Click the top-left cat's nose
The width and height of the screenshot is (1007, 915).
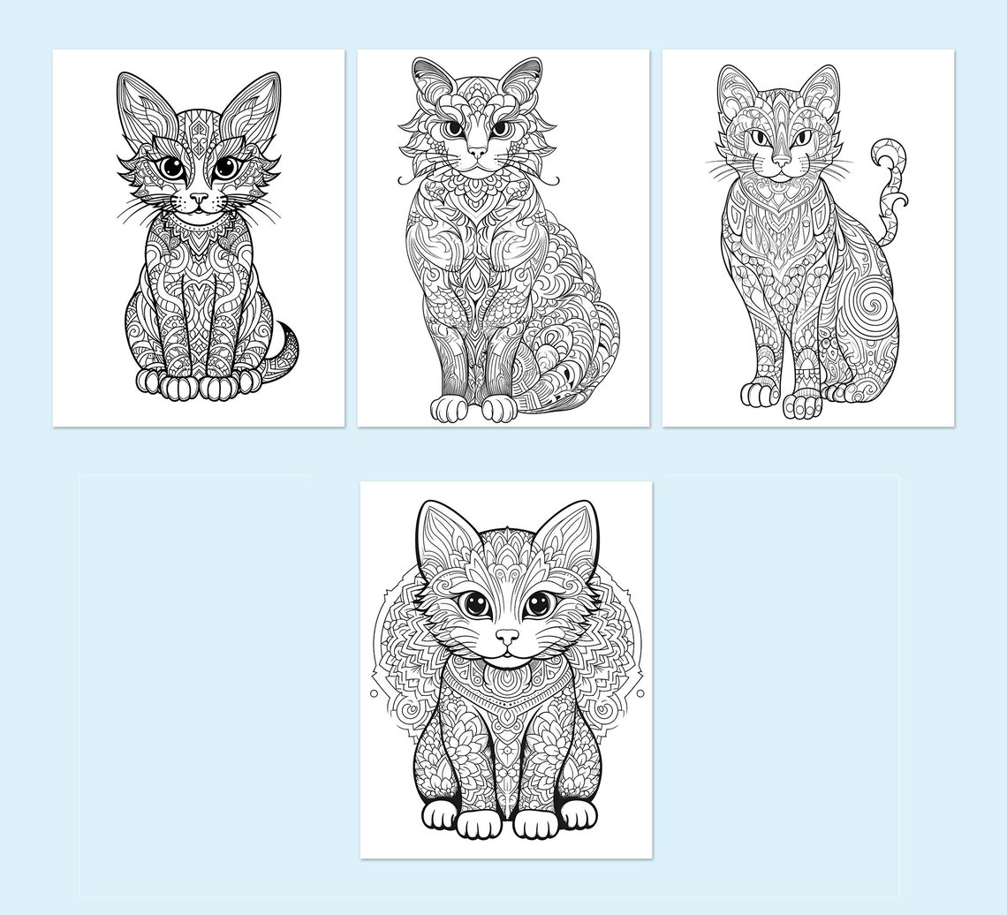[x=200, y=199]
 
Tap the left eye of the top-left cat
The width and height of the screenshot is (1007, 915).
[x=172, y=166]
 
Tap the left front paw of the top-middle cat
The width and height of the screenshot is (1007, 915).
[x=448, y=409]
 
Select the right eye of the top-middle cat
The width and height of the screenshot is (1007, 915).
[x=499, y=128]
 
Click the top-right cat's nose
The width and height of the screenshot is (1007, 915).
[x=782, y=161]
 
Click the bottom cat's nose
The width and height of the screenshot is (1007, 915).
[x=507, y=636]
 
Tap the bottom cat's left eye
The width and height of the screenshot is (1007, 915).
[x=475, y=604]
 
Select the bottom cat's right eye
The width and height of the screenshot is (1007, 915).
[x=537, y=605]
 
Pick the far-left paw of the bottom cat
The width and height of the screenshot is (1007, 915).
[x=439, y=814]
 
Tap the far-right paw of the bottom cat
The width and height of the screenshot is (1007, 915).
[x=578, y=815]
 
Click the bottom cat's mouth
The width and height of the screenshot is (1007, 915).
[x=507, y=655]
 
